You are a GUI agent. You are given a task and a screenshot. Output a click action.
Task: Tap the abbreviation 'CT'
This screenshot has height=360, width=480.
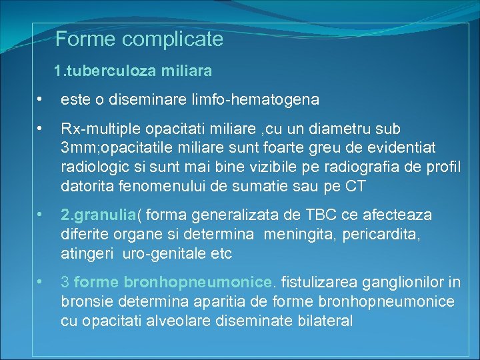(353, 185)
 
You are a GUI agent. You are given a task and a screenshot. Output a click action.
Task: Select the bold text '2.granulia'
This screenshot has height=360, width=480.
(98, 215)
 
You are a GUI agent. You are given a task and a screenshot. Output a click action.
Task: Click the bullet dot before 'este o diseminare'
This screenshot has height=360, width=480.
(41, 100)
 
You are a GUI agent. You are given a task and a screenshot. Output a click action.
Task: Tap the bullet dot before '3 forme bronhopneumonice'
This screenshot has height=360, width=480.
(41, 283)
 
